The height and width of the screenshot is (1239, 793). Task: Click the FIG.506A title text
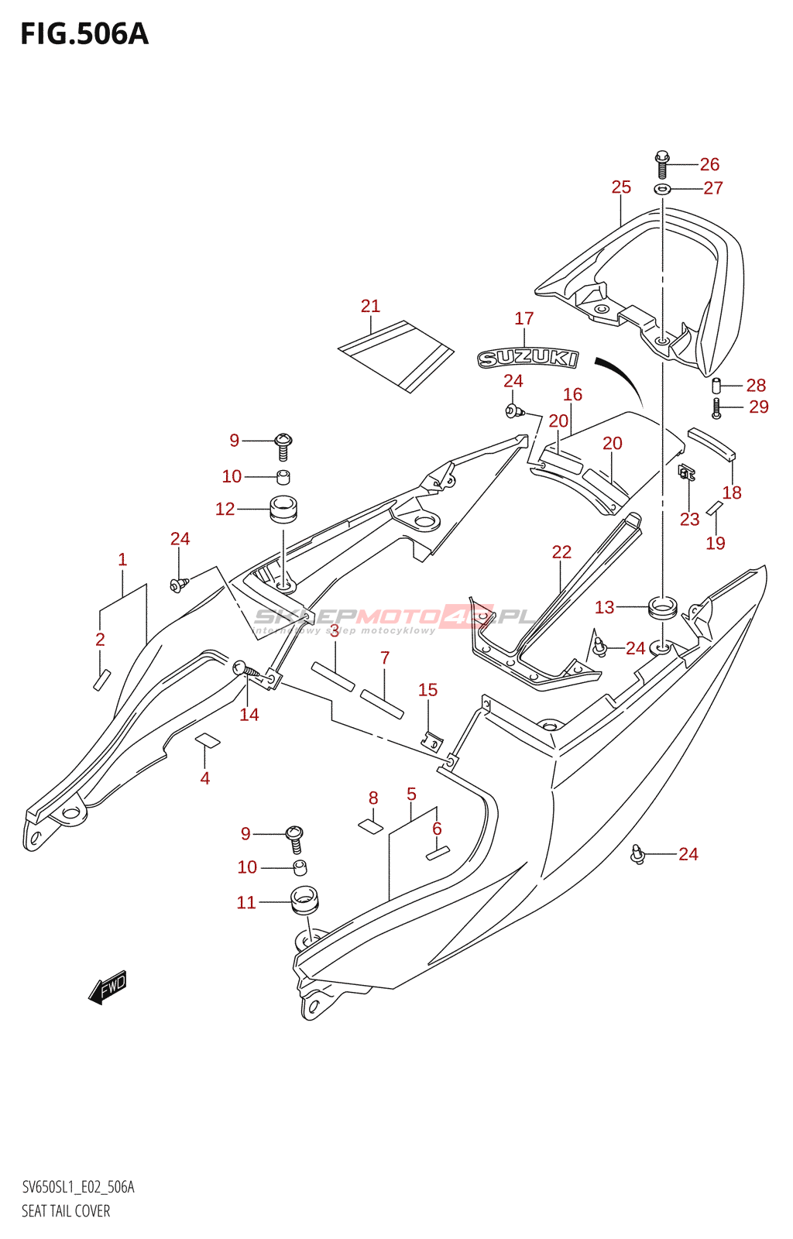(x=84, y=35)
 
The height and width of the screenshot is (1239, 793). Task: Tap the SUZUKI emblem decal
(x=527, y=359)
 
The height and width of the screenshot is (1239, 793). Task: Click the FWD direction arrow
(x=108, y=987)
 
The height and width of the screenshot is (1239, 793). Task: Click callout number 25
(x=621, y=187)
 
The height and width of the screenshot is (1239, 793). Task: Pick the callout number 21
(x=370, y=306)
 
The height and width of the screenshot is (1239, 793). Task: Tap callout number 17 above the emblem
(x=524, y=318)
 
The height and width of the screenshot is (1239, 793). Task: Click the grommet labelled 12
(x=283, y=508)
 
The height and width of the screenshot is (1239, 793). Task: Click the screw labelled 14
(x=246, y=671)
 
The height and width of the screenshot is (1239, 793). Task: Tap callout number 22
(x=561, y=551)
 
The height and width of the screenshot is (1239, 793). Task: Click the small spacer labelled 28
(x=716, y=384)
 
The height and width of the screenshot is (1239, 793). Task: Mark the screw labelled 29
(x=716, y=408)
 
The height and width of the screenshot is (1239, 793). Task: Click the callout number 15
(x=427, y=690)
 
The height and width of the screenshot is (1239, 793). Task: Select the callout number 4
(x=205, y=778)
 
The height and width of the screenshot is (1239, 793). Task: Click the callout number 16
(x=572, y=394)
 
